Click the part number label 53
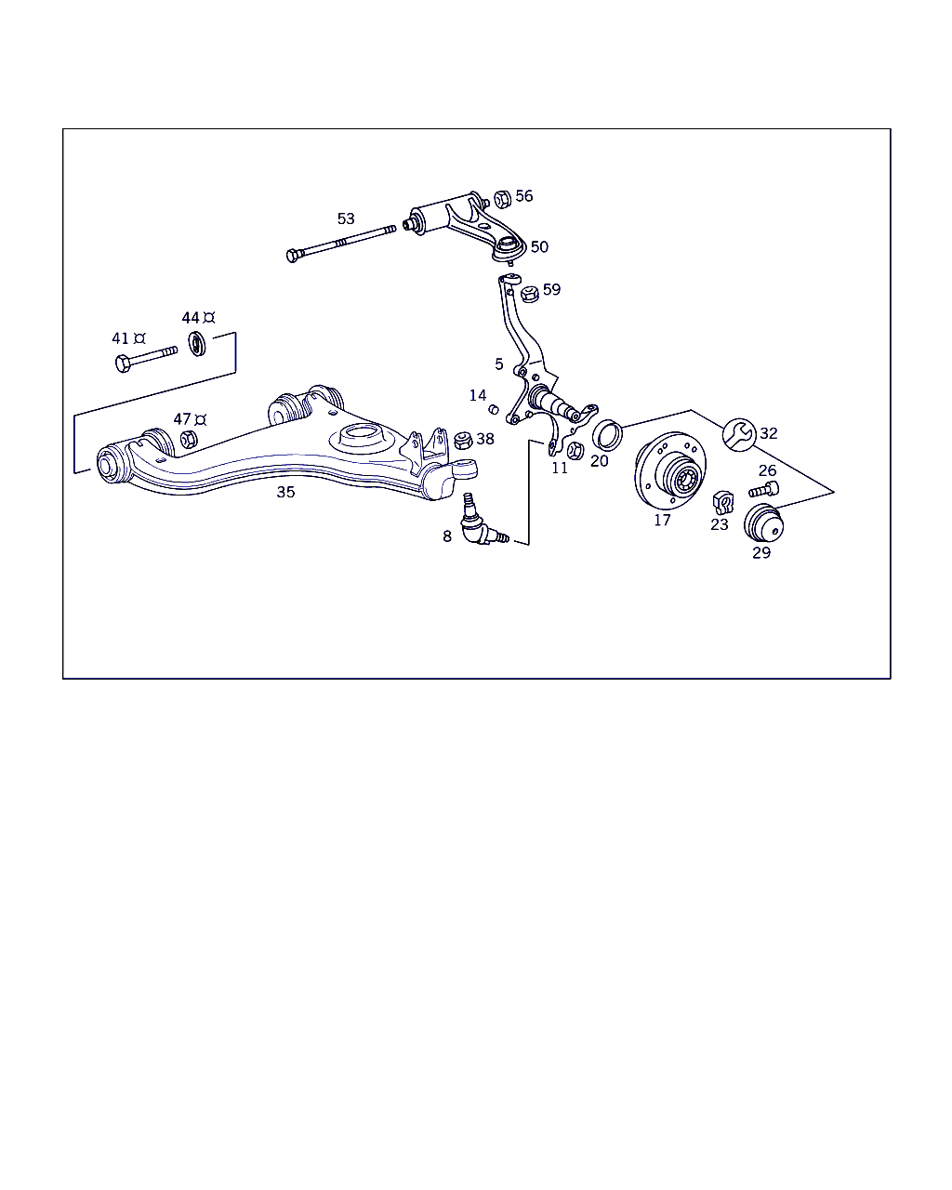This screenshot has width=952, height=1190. click(346, 219)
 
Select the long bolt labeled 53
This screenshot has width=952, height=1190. click(341, 244)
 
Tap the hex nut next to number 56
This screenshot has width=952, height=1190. click(502, 199)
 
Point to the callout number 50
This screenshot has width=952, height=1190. click(539, 246)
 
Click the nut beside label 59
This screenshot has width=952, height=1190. click(530, 294)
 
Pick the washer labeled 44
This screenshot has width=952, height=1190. click(197, 343)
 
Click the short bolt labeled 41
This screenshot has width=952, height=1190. click(147, 360)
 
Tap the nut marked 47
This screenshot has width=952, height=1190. click(189, 439)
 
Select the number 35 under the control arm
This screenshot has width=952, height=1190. click(286, 492)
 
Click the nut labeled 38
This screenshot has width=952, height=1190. click(463, 440)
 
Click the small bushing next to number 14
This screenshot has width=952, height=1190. click(494, 409)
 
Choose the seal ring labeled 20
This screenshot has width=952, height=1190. click(607, 435)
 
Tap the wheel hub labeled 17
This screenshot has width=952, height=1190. click(670, 470)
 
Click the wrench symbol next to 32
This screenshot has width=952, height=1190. click(739, 435)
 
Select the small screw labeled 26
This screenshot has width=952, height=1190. click(763, 489)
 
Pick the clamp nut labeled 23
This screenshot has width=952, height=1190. click(723, 502)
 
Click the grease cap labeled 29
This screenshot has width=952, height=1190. click(763, 523)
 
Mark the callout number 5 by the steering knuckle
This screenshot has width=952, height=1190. click(499, 364)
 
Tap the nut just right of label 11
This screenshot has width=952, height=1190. click(575, 451)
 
